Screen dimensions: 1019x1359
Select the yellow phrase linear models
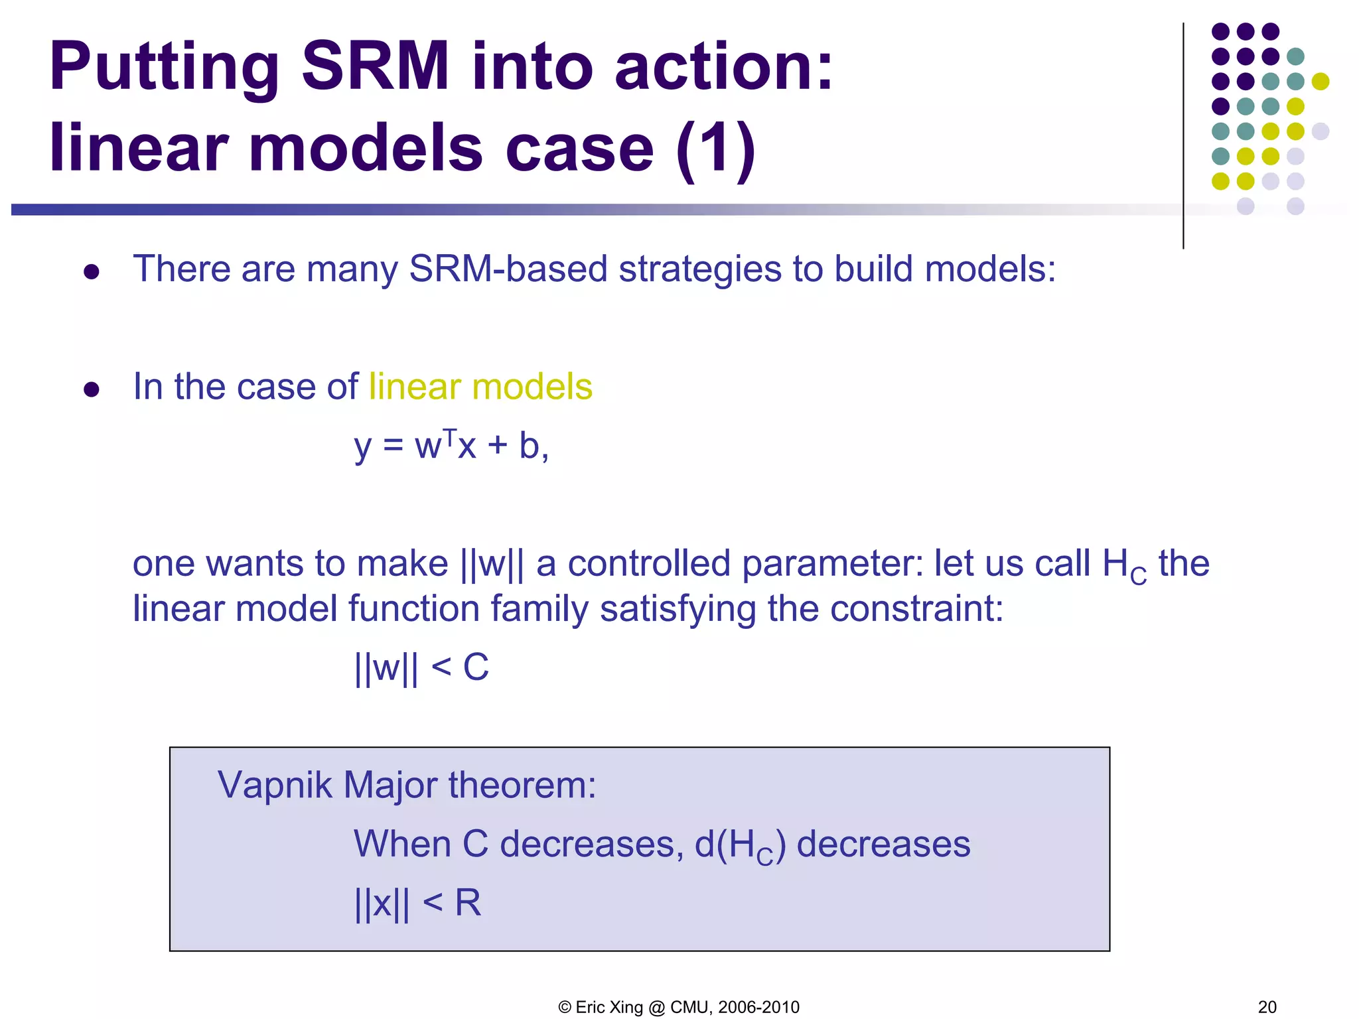[480, 387]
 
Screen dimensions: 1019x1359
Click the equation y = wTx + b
[451, 445]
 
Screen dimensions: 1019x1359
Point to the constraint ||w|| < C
[422, 667]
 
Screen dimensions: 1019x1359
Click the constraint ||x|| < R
[417, 903]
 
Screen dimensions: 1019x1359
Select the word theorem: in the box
[522, 785]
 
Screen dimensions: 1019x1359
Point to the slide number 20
[1267, 1007]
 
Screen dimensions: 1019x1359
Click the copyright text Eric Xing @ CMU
[679, 1007]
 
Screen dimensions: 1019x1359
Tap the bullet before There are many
[92, 271]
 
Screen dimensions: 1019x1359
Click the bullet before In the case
[92, 389]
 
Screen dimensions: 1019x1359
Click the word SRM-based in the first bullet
[508, 269]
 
